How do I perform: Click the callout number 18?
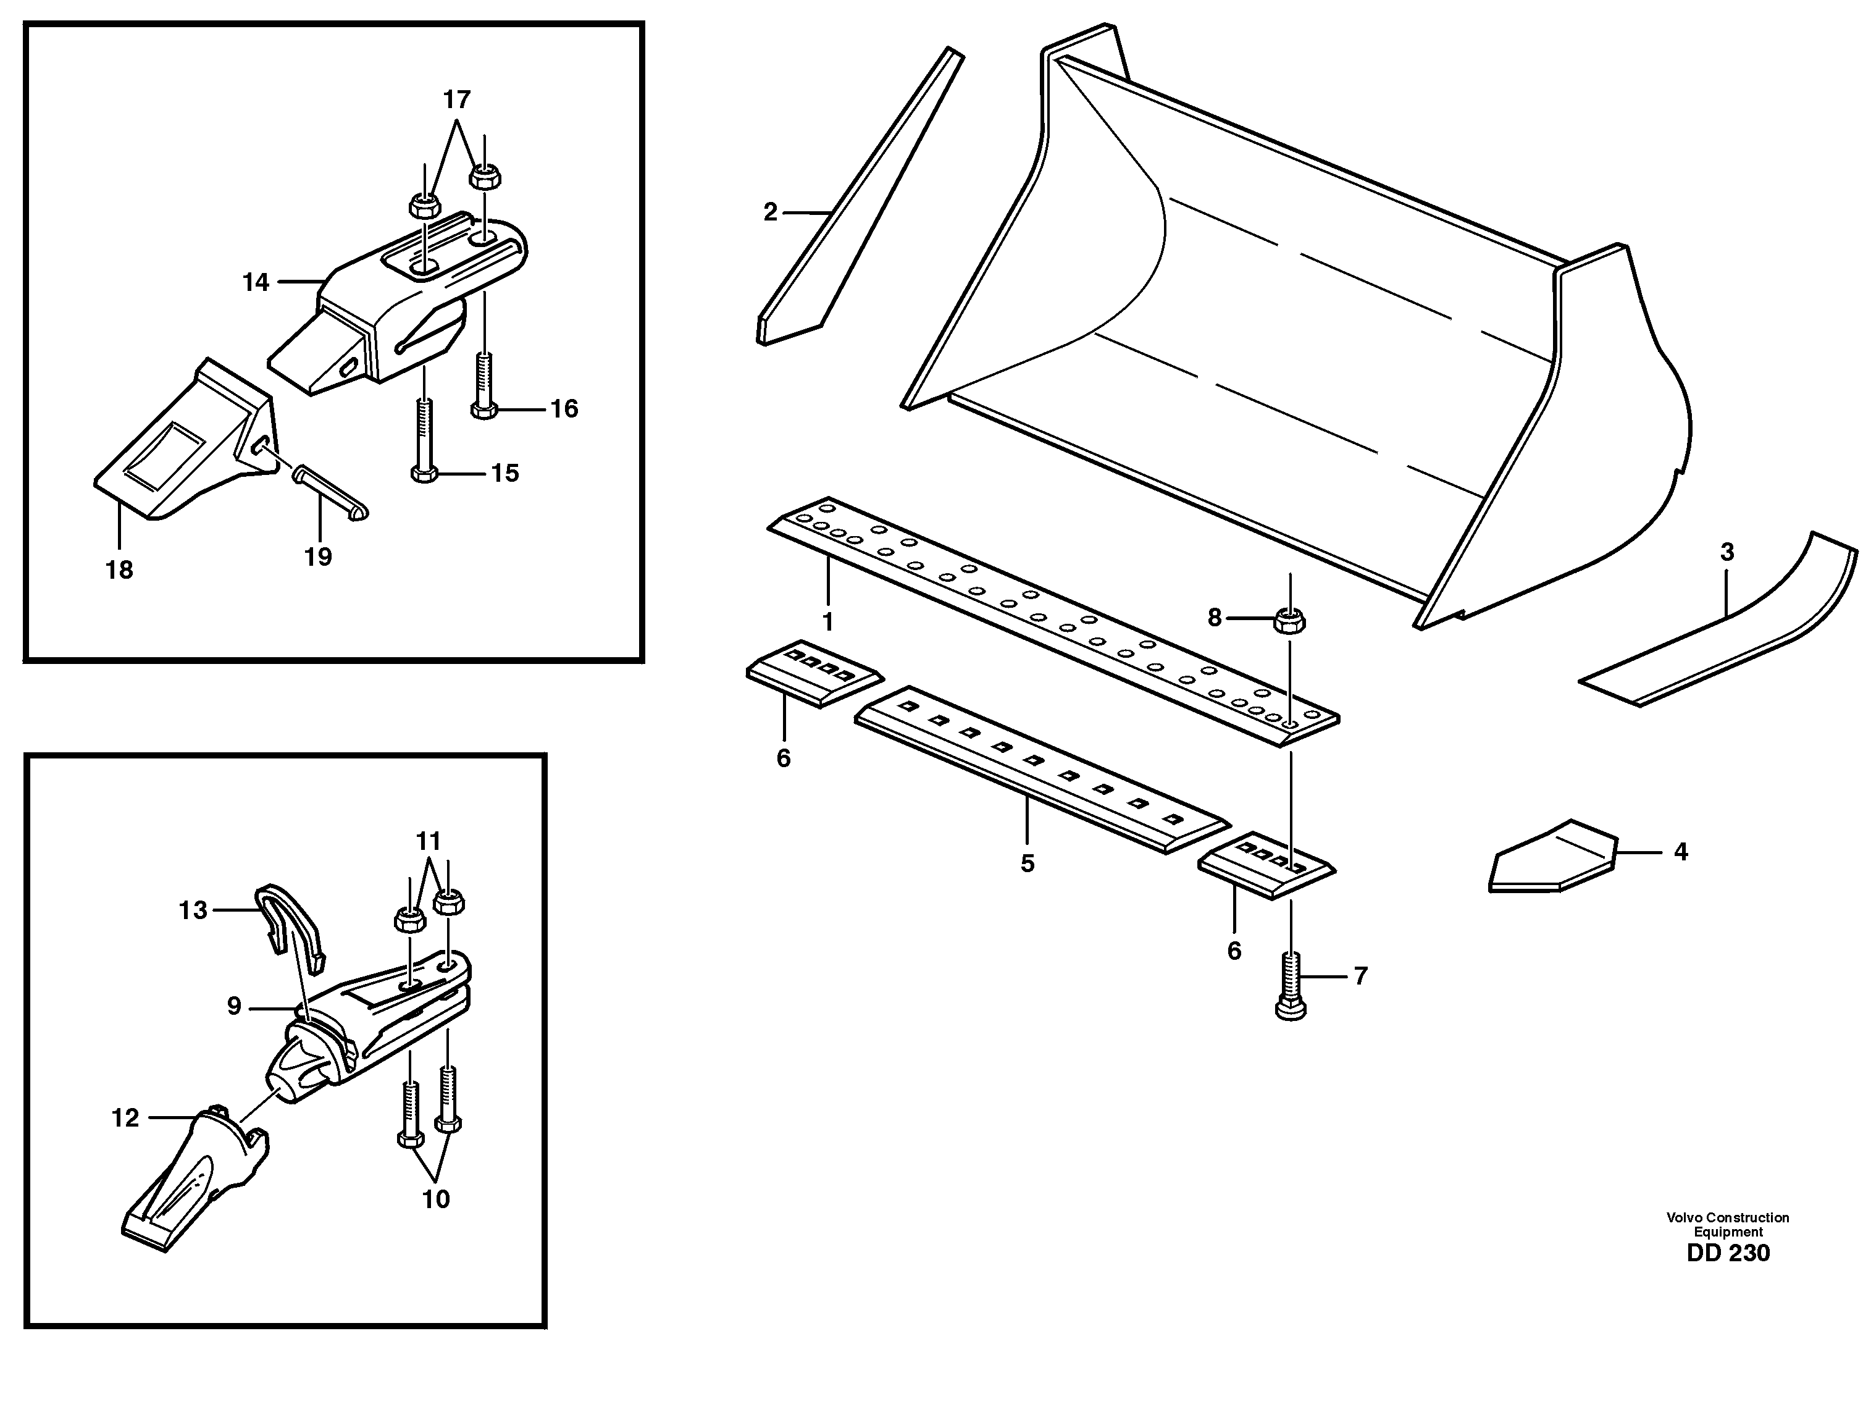(x=119, y=570)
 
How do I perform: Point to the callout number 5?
(x=1028, y=864)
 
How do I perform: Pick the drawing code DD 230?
(x=1728, y=1253)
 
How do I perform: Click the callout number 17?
(x=457, y=100)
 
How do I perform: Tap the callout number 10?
(x=437, y=1199)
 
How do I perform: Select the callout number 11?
(x=429, y=841)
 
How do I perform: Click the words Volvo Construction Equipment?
(x=1728, y=1224)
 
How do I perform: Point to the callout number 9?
(x=234, y=1006)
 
